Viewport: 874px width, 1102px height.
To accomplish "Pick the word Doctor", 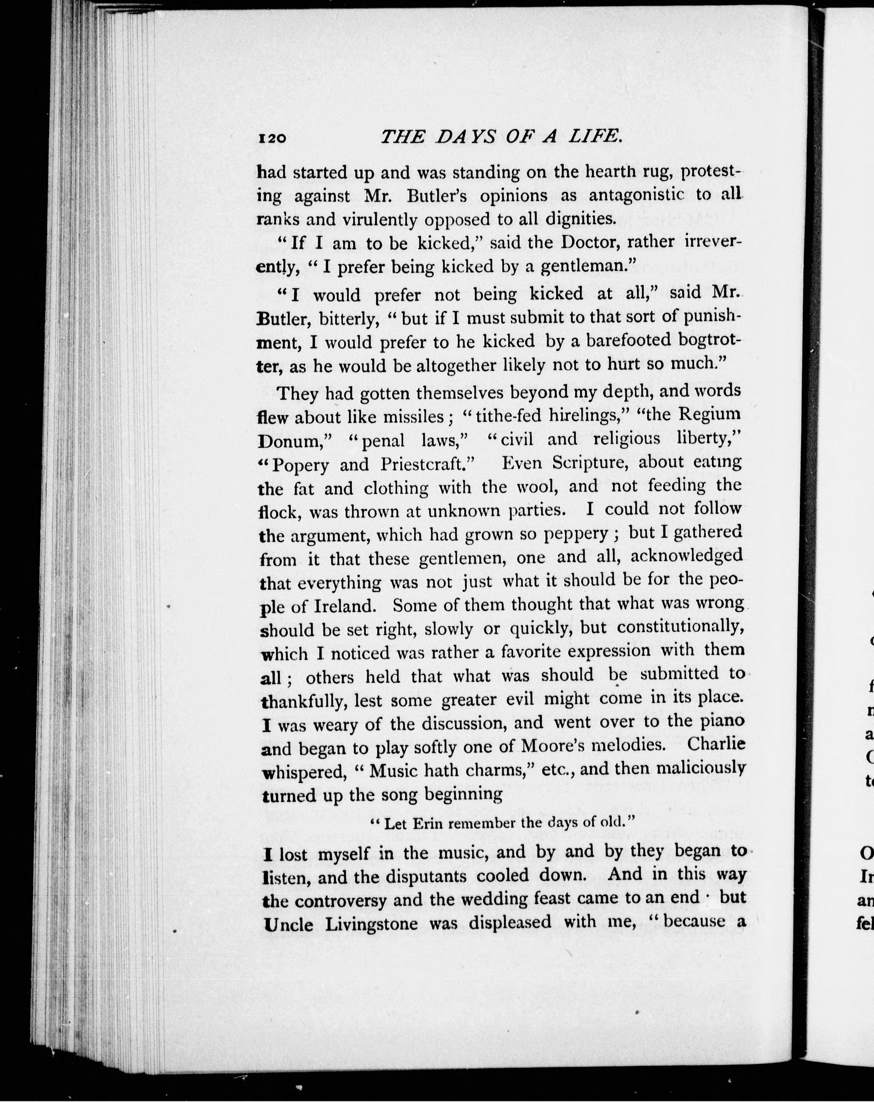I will click(590, 242).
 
